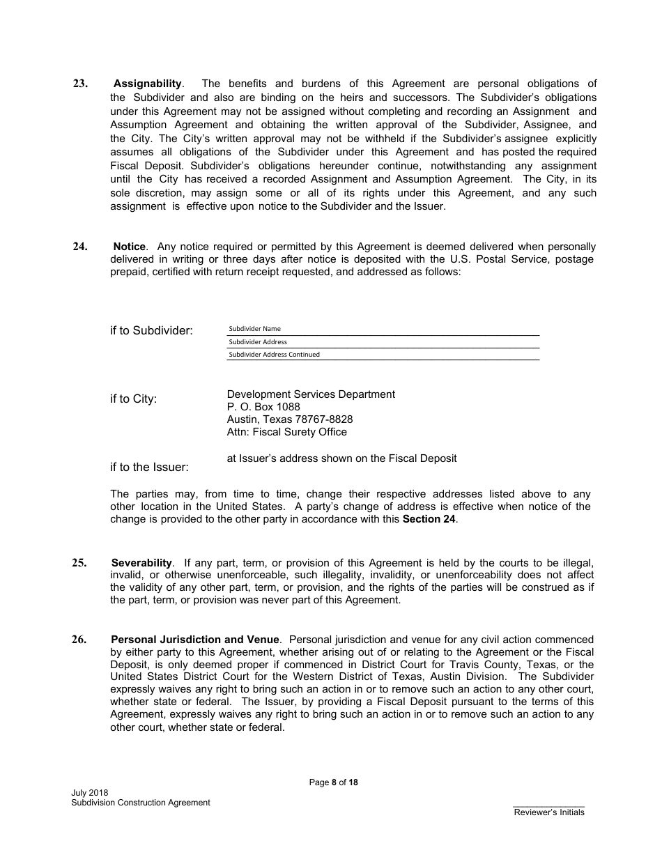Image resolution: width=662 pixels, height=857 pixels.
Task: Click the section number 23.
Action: [80, 84]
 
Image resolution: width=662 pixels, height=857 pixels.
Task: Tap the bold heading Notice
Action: [130, 247]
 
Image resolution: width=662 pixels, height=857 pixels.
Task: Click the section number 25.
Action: [80, 563]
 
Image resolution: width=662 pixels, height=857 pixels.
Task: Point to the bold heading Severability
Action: [141, 563]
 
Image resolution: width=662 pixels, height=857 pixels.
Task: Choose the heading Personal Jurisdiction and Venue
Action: [195, 640]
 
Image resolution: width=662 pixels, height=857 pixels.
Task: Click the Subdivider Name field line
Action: [383, 329]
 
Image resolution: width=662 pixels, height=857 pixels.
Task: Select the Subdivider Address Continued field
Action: [383, 355]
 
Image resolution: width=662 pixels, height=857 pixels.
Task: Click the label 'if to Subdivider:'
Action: [151, 331]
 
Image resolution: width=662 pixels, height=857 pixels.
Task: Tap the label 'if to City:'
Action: [133, 399]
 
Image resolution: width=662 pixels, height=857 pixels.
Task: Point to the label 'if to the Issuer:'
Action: [149, 467]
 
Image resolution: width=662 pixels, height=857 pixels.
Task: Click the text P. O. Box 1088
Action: [263, 407]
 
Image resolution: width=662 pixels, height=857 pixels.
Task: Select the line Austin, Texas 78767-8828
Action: [290, 419]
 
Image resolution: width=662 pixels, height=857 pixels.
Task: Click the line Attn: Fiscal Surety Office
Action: [286, 432]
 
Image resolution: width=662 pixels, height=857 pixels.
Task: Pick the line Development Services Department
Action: [311, 394]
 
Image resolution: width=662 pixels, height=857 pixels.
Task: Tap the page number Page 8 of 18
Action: [333, 782]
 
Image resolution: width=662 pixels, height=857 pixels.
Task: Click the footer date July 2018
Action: [89, 793]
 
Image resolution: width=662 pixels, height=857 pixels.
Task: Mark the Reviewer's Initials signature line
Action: [548, 807]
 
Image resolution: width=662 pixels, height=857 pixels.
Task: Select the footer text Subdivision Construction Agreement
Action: [140, 803]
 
